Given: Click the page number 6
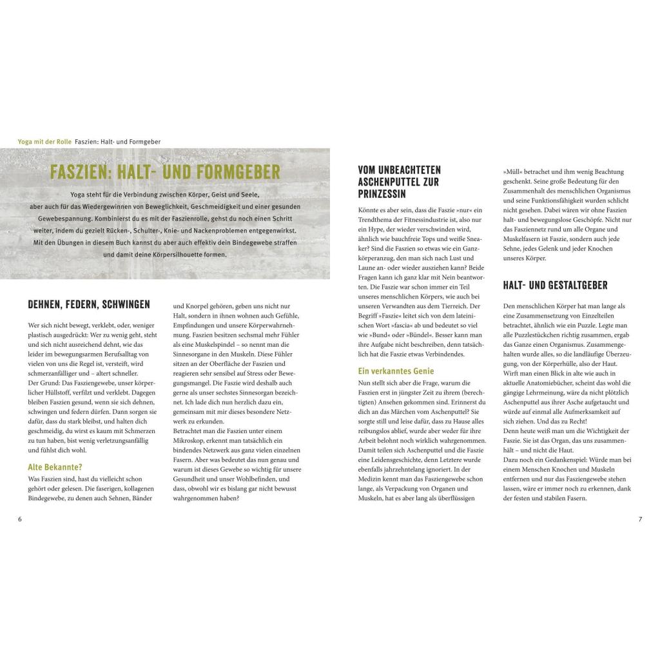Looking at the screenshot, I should tap(19, 519).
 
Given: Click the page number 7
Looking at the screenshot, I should tap(640, 519).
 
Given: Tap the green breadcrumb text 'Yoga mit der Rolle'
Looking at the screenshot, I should tap(45, 142).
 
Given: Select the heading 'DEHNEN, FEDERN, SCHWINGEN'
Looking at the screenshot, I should tap(89, 304).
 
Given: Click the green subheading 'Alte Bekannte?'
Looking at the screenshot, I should tap(55, 467).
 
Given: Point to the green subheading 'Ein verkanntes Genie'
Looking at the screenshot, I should tap(396, 371).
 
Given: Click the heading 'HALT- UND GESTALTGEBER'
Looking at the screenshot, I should tap(555, 286).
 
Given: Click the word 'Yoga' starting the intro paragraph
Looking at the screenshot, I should tap(81, 194).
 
